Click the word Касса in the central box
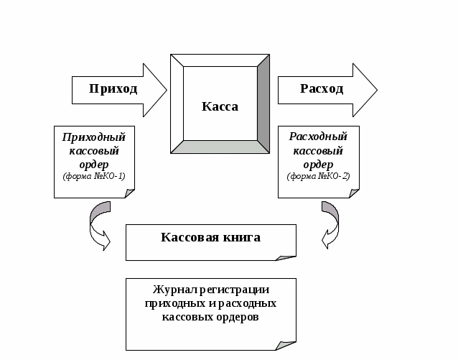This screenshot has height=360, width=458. pyautogui.click(x=220, y=106)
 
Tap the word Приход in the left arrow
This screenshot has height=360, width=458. pyautogui.click(x=113, y=89)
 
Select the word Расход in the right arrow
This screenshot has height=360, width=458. pyautogui.click(x=321, y=89)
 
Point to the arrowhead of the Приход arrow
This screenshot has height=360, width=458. pyautogui.click(x=156, y=89)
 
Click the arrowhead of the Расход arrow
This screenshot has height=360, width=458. pyautogui.click(x=365, y=89)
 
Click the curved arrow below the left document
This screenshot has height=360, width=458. pyautogui.click(x=98, y=225)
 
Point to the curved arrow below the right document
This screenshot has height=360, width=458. pyautogui.click(x=330, y=225)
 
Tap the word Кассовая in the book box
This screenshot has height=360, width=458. pyautogui.click(x=187, y=237)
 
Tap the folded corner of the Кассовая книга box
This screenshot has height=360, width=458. pyautogui.click(x=287, y=255)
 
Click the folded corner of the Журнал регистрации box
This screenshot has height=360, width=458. pyautogui.click(x=286, y=346)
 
